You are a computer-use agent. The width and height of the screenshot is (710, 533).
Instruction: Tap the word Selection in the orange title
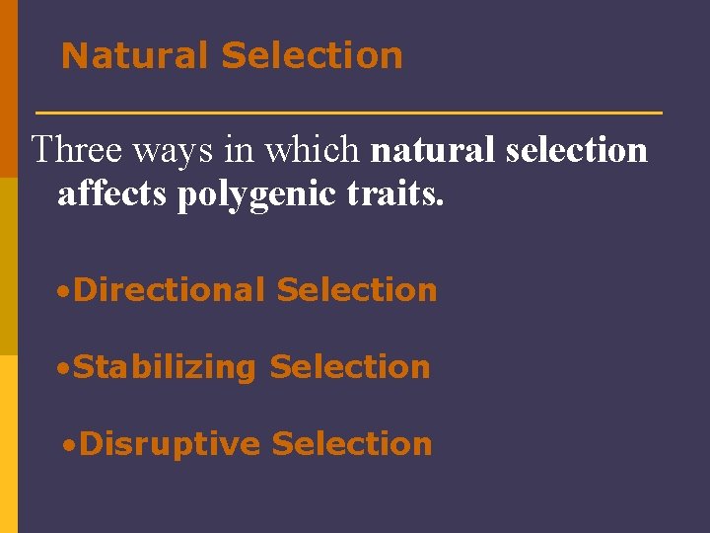pyautogui.click(x=313, y=55)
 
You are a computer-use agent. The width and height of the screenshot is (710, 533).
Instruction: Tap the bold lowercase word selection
pyautogui.click(x=575, y=150)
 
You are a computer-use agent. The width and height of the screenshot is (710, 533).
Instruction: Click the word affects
pyautogui.click(x=112, y=194)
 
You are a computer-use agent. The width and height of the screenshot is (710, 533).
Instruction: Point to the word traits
pyautogui.click(x=393, y=194)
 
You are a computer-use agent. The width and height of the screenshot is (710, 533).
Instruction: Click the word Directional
pyautogui.click(x=170, y=290)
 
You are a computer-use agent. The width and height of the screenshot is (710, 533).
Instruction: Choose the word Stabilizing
pyautogui.click(x=165, y=367)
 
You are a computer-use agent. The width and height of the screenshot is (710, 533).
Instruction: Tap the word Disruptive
pyautogui.click(x=170, y=444)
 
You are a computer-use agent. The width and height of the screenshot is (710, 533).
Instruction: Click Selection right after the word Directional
pyautogui.click(x=357, y=290)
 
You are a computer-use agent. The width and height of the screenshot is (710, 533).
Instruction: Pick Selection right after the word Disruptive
pyautogui.click(x=352, y=444)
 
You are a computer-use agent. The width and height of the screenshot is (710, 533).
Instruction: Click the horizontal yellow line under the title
pyautogui.click(x=348, y=114)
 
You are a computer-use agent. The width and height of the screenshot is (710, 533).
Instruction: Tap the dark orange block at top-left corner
pyautogui.click(x=9, y=89)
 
